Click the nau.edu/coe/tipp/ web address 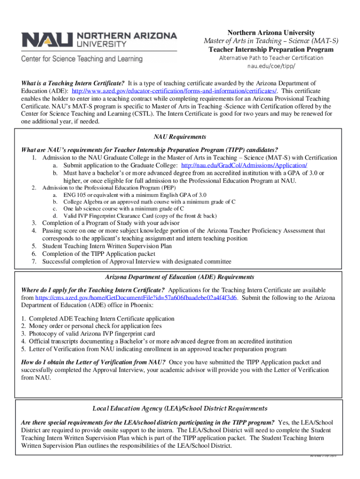271,66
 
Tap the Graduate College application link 244,166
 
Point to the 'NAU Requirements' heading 180,137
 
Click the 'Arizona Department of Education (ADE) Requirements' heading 180,277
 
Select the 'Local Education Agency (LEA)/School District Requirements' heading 180,408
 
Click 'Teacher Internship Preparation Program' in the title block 271,50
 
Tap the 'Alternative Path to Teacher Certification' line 271,58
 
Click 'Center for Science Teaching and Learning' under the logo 81,59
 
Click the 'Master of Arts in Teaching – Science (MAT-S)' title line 271,41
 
